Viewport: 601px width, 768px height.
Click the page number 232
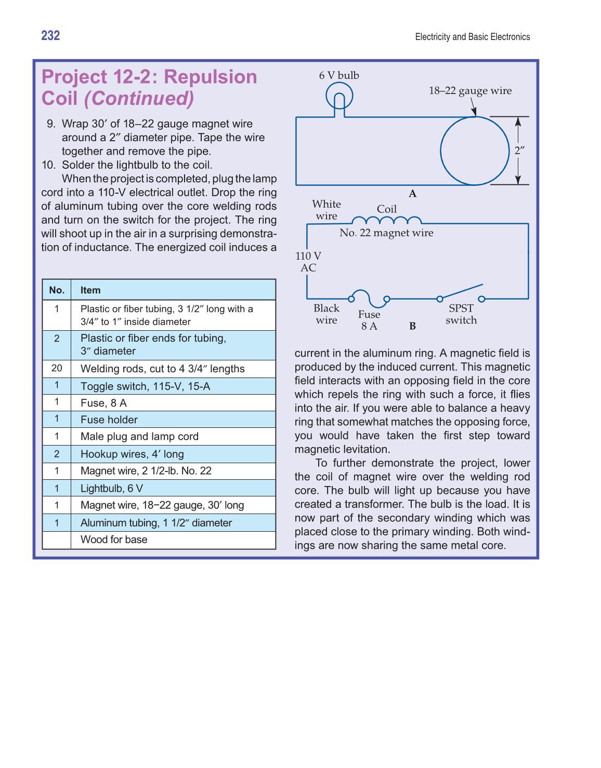50,35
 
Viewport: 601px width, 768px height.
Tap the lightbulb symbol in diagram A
339,97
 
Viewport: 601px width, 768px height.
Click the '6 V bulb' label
339,75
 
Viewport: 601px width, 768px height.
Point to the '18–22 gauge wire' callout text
470,91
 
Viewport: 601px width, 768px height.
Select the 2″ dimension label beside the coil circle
519,151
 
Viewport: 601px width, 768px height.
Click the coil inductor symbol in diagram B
386,220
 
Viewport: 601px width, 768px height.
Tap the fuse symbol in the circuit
369,298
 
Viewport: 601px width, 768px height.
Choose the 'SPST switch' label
461,314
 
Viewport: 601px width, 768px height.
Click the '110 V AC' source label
308,262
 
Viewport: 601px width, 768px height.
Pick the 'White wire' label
326,210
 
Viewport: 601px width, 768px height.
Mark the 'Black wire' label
326,314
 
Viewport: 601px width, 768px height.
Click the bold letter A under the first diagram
412,194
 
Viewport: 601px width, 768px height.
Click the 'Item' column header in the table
90,290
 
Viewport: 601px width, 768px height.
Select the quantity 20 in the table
57,368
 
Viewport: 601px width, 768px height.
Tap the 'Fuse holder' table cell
109,420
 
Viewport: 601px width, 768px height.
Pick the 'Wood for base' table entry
114,540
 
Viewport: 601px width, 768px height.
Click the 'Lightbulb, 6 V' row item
112,488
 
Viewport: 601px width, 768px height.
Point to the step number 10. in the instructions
49,165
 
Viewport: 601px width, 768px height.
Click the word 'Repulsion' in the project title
211,77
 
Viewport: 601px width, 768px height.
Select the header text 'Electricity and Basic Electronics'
473,37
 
